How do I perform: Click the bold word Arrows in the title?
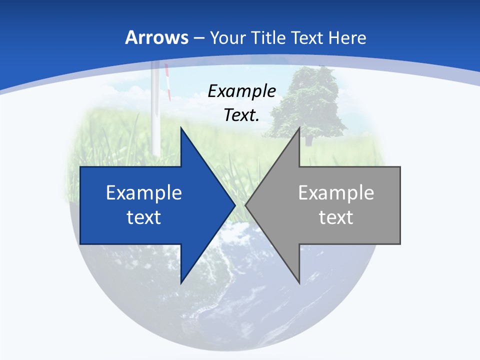[156, 38]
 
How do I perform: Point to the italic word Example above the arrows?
[242, 91]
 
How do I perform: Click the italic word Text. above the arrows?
[242, 115]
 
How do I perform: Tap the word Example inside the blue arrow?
[144, 193]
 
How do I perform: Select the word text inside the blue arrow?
[144, 217]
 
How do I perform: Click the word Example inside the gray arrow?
[336, 193]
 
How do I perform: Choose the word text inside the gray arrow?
[336, 217]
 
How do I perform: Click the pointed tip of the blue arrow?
[235, 205]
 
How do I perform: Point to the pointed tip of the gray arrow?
[245, 205]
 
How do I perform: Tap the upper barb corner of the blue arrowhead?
[181, 128]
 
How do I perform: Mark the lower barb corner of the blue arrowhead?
[181, 283]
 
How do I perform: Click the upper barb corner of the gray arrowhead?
[299, 128]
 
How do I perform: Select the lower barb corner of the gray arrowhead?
[299, 283]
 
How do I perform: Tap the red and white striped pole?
[168, 82]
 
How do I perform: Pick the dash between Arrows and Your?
[198, 38]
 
